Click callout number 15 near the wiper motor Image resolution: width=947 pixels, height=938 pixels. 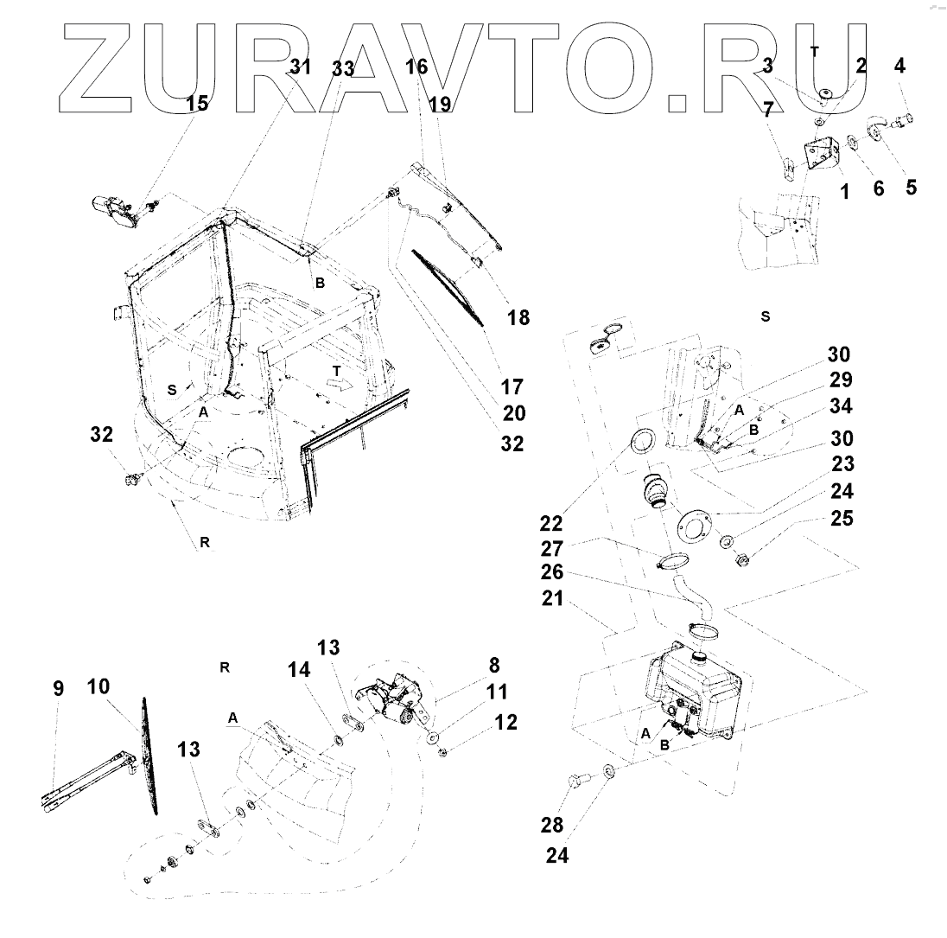(197, 104)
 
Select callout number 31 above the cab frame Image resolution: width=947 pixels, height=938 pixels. (299, 67)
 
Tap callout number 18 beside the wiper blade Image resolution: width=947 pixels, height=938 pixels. (518, 317)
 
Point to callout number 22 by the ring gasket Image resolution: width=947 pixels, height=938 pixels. (551, 523)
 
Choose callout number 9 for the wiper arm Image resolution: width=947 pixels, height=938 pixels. (58, 689)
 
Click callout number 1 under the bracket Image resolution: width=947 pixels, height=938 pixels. (844, 193)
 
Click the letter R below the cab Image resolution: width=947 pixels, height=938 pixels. (205, 543)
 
